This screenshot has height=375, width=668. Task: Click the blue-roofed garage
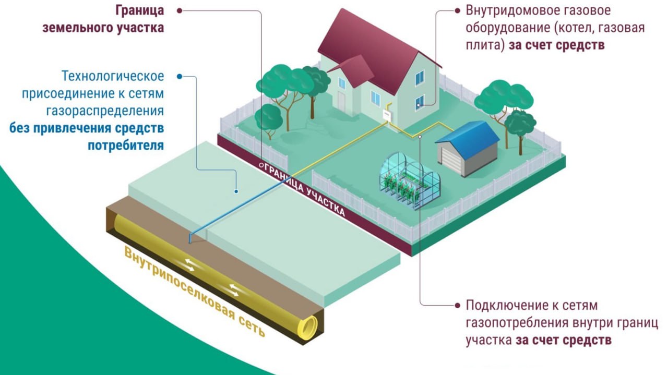(x=467, y=149)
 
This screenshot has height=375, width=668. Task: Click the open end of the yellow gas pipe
(x=308, y=326)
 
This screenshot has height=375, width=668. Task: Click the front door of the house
(x=341, y=100)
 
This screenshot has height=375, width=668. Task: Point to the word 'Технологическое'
(x=113, y=76)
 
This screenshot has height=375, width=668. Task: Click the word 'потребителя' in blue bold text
(x=126, y=146)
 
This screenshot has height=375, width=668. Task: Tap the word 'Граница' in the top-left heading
(x=139, y=11)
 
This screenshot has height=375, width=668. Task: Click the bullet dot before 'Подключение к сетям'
(x=458, y=306)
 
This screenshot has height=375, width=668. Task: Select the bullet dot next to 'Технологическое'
(x=179, y=77)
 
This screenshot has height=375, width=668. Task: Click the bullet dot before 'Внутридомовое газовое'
(x=458, y=11)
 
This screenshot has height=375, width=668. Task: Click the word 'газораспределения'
(x=105, y=111)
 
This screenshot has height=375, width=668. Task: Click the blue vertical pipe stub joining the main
(x=190, y=238)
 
